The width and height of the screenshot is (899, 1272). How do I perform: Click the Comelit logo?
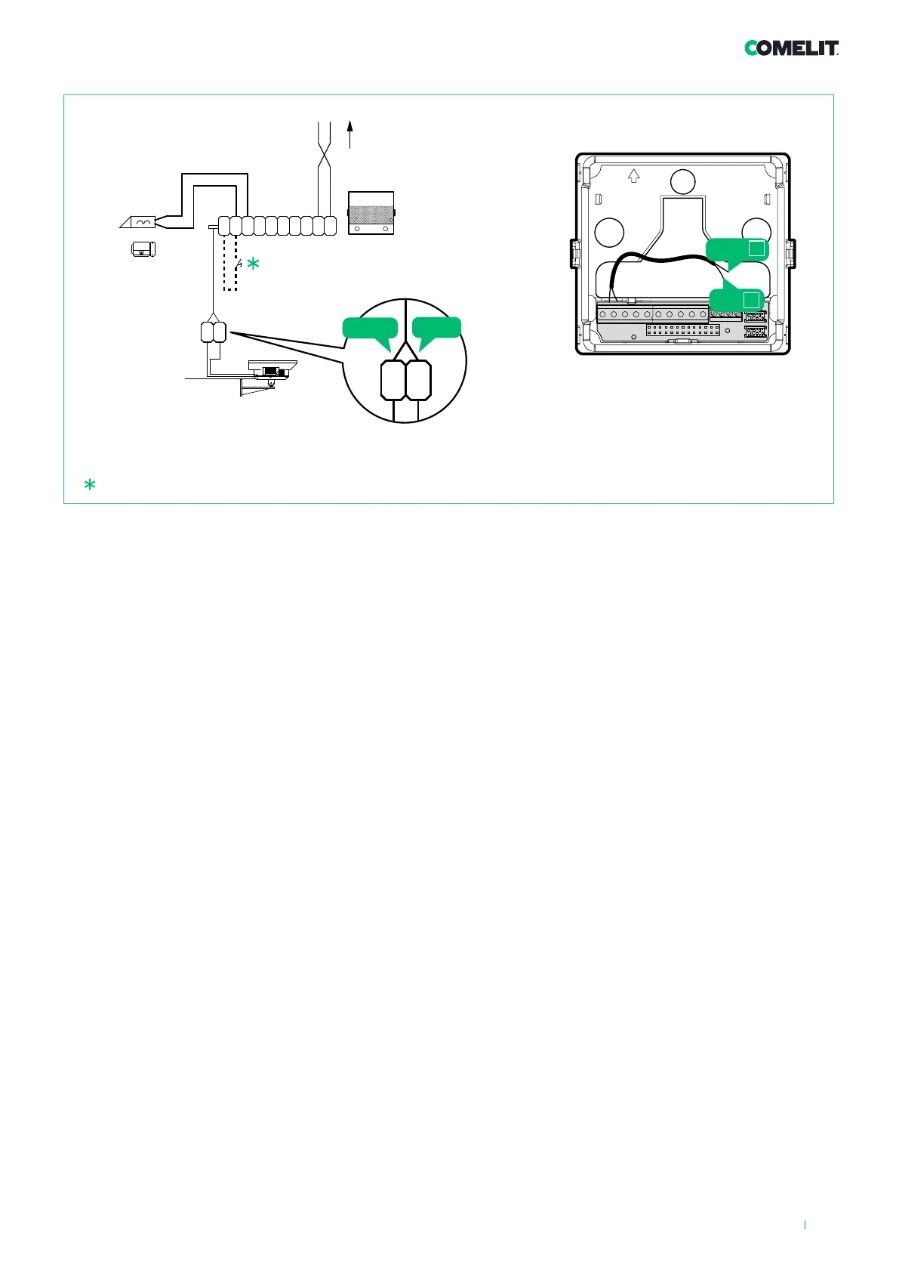[x=791, y=48]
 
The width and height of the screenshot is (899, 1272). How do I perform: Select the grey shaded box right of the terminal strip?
[x=371, y=213]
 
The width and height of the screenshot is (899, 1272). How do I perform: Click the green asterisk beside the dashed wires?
[x=253, y=264]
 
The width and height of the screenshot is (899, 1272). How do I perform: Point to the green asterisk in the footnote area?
[x=90, y=486]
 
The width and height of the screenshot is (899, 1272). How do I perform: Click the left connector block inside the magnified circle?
[x=393, y=380]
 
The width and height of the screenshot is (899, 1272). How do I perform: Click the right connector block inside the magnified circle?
[x=418, y=380]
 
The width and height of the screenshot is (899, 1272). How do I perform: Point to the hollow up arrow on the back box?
[x=634, y=175]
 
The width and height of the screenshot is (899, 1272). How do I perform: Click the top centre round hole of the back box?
[x=683, y=181]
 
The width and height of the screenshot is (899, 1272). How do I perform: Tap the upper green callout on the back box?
[x=737, y=250]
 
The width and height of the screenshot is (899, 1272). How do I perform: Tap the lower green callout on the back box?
[x=737, y=299]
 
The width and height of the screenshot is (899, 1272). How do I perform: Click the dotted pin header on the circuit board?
[x=683, y=331]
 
